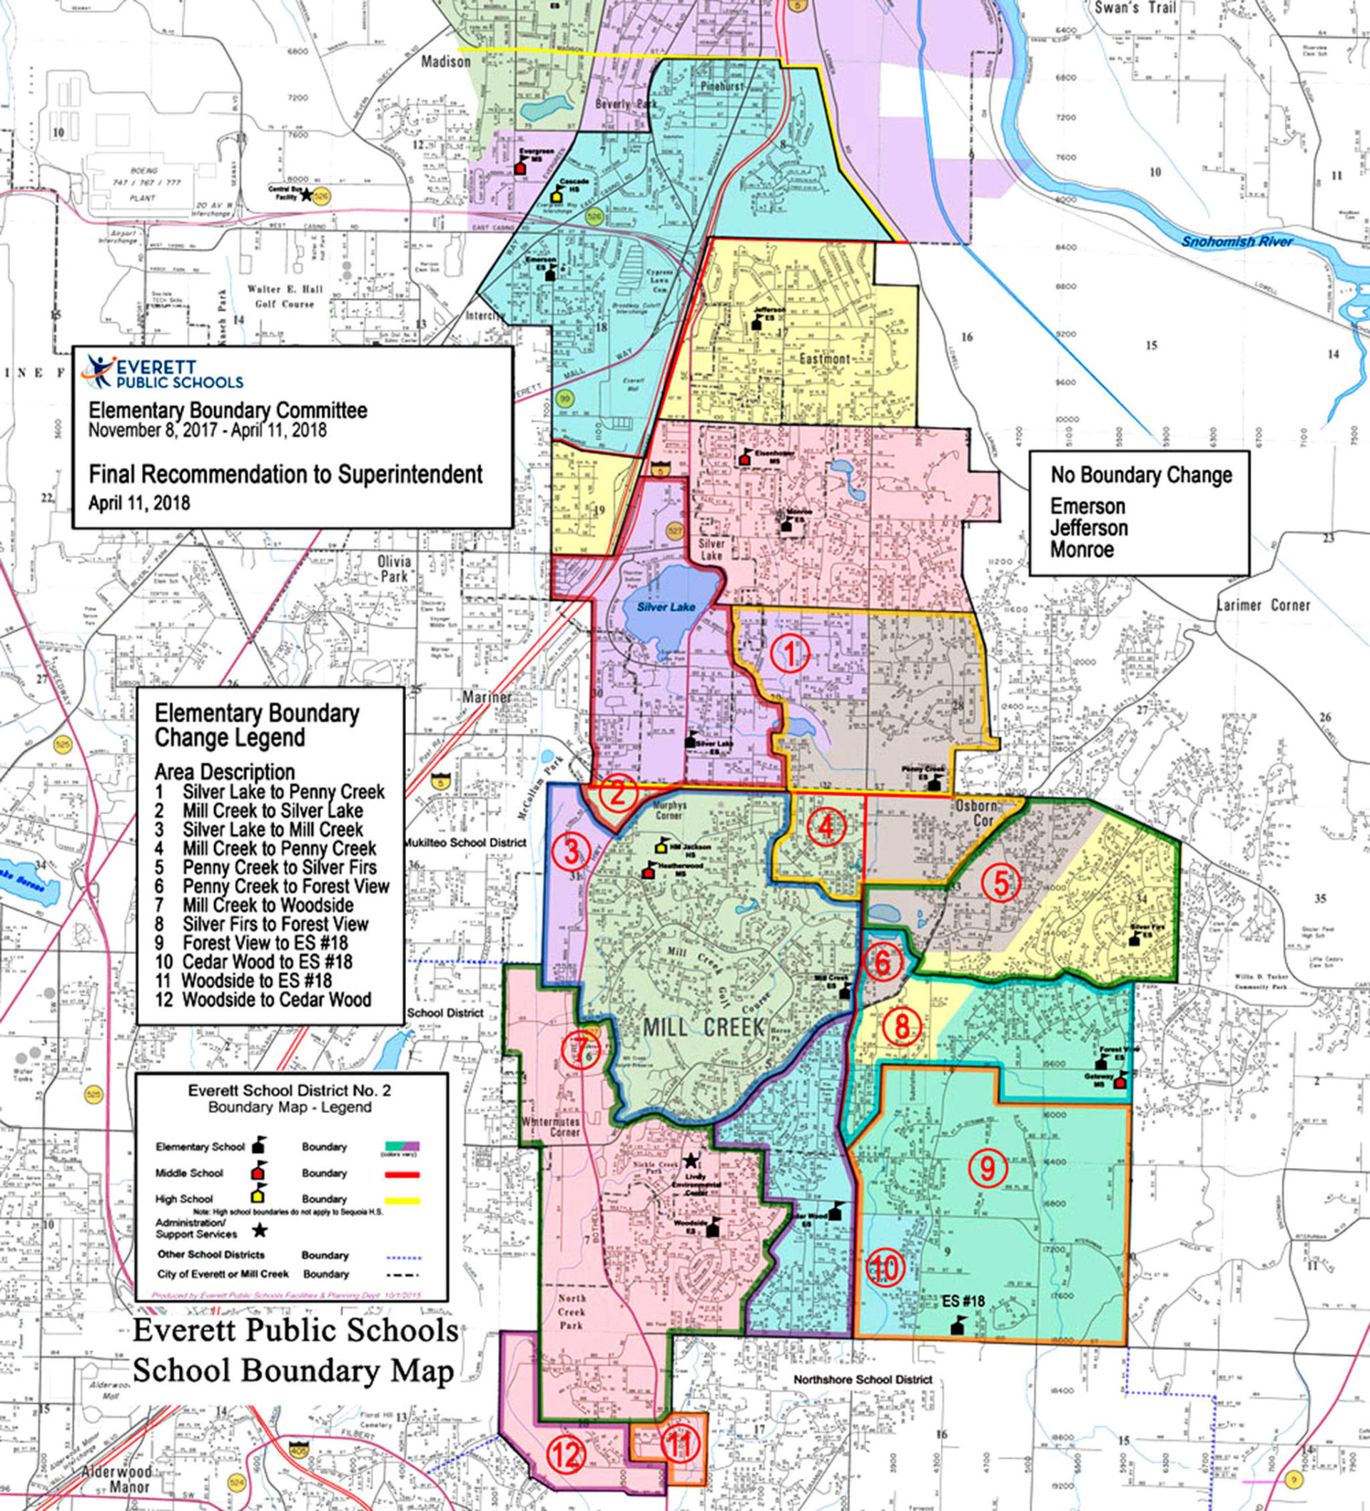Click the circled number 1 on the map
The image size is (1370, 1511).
point(789,656)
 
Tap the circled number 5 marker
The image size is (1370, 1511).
point(1001,884)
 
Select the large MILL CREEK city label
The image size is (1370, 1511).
point(703,1027)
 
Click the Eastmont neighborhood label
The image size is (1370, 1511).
point(823,358)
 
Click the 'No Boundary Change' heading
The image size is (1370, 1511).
point(1141,474)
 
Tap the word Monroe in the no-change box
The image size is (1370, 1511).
point(1082,549)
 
